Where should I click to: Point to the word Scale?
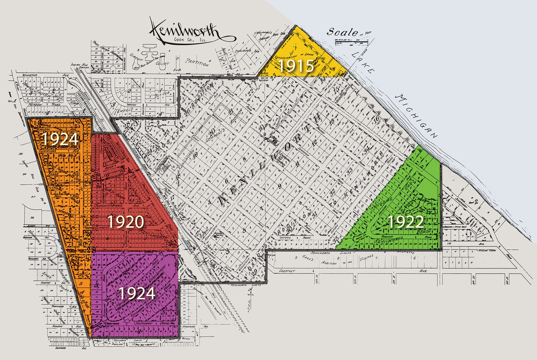[x=342, y=32]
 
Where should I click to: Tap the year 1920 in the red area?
[x=126, y=222]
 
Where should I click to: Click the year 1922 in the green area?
[x=405, y=222]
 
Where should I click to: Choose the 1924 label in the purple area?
[x=137, y=293]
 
